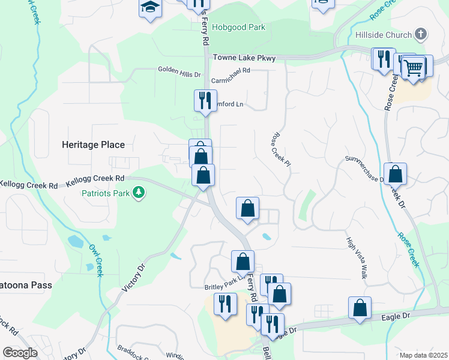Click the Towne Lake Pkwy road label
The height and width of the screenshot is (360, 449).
(244, 58)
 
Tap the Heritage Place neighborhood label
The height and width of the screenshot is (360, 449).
(93, 145)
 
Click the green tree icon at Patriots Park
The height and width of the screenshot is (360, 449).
(139, 193)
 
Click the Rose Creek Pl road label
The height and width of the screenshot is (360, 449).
(281, 150)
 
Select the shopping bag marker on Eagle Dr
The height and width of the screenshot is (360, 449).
(359, 308)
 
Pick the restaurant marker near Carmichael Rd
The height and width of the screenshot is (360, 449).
(205, 100)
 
